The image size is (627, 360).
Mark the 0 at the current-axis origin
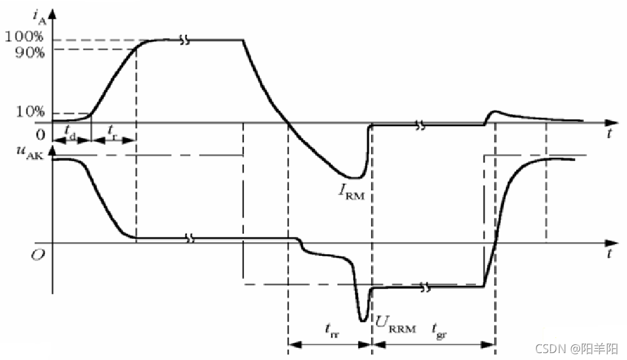(41, 134)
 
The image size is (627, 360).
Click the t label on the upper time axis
(609, 134)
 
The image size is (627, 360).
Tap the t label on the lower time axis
(609, 254)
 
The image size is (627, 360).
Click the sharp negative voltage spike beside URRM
(362, 319)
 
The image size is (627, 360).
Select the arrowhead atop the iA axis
(53, 9)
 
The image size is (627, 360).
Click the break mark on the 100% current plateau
(186, 40)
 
